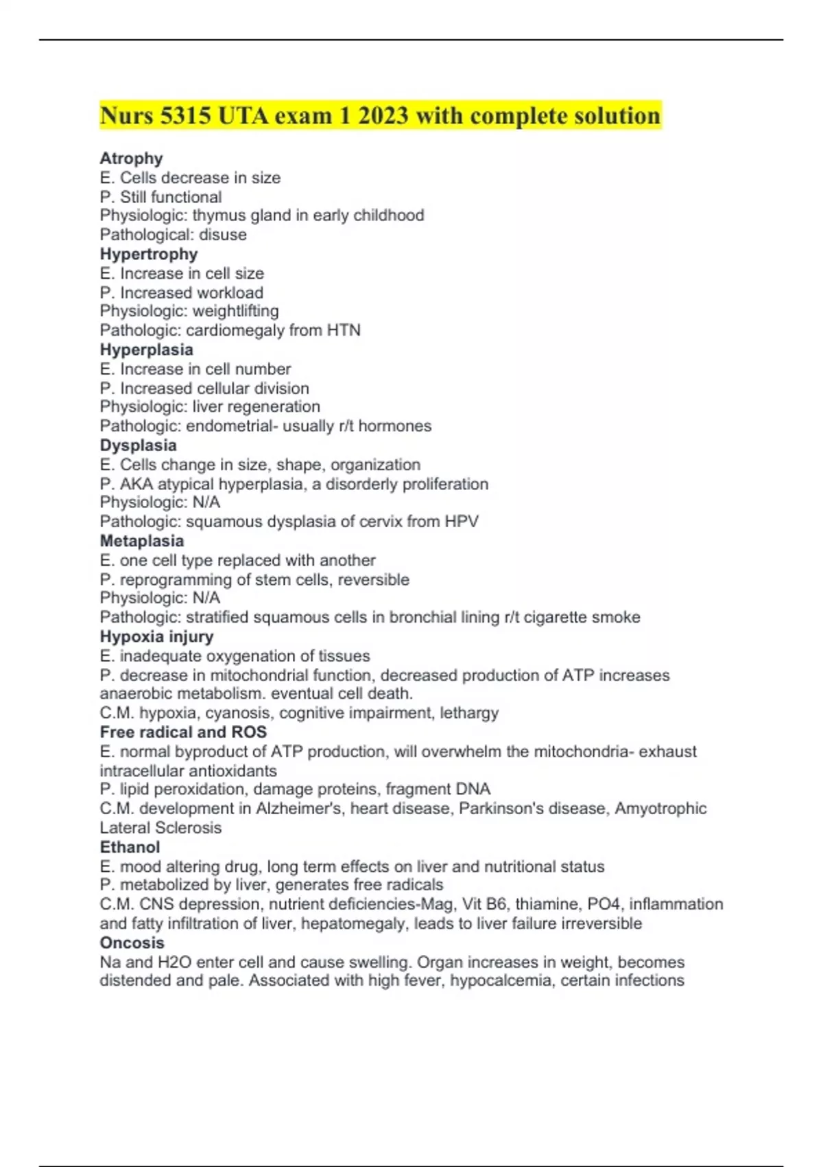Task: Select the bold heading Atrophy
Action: (x=131, y=159)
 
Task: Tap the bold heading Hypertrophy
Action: (x=149, y=254)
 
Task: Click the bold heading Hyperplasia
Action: (x=147, y=349)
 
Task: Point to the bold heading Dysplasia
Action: (x=138, y=445)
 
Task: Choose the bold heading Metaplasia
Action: (x=142, y=541)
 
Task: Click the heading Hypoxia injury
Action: (x=157, y=636)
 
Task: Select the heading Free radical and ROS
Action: (x=183, y=732)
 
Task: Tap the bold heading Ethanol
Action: (x=130, y=847)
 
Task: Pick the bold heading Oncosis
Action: (x=132, y=943)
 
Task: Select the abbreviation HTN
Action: (x=344, y=330)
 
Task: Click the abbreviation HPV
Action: (x=461, y=522)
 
